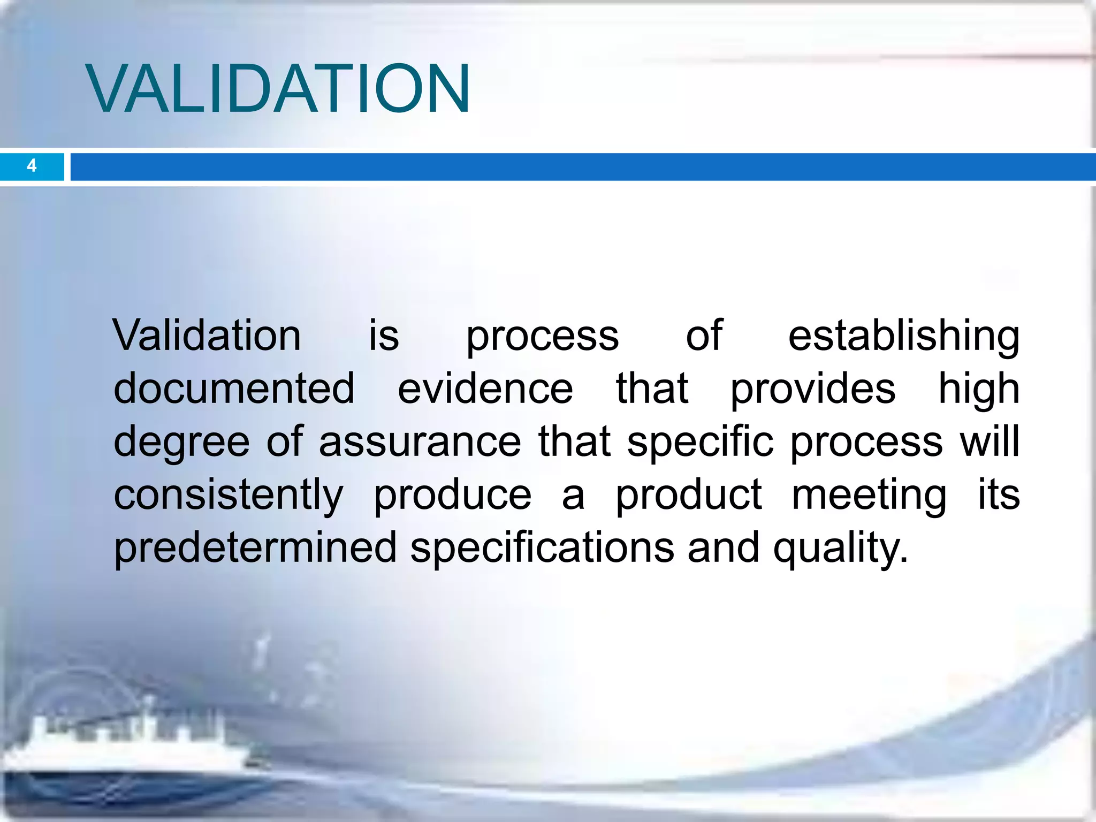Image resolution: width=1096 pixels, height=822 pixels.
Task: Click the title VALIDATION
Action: click(x=278, y=88)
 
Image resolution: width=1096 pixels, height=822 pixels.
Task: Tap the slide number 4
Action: click(x=32, y=166)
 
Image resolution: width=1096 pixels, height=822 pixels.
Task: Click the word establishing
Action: click(x=903, y=336)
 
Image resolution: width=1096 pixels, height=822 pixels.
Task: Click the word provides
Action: click(x=812, y=390)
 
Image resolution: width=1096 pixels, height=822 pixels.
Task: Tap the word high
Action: click(x=979, y=390)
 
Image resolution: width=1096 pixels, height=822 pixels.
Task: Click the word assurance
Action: click(x=420, y=442)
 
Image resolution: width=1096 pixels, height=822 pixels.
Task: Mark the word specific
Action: click(x=700, y=442)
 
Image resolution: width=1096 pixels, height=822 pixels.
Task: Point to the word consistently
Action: click(x=229, y=495)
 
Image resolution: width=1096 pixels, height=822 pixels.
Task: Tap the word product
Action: click(x=688, y=495)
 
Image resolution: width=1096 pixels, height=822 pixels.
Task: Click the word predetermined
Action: click(x=255, y=547)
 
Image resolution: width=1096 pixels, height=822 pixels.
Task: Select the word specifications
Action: click(x=542, y=548)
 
